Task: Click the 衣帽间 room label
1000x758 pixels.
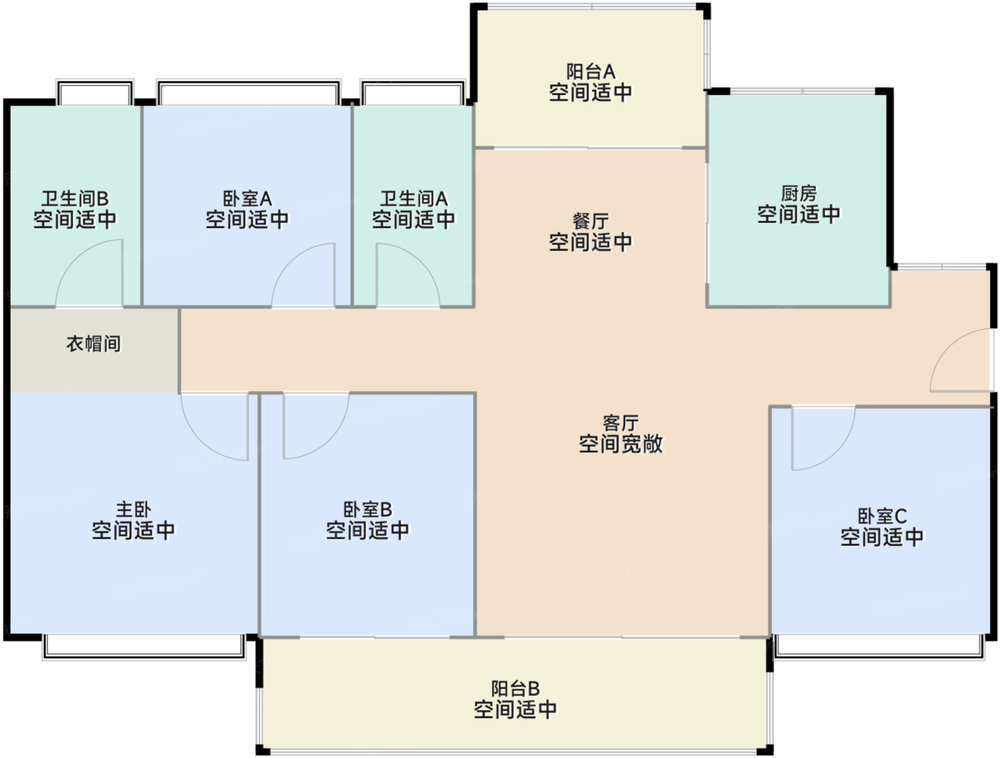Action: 94,344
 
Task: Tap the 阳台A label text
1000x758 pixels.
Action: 591,71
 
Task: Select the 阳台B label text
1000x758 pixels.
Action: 515,689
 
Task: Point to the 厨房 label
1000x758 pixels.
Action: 799,193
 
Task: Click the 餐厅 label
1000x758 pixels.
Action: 591,221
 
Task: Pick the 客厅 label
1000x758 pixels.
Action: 620,423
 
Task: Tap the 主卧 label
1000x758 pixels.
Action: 134,509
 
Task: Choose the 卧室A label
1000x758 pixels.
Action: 247,198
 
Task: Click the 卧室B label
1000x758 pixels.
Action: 368,509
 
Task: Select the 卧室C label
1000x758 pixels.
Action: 882,516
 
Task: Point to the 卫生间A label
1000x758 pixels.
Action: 414,198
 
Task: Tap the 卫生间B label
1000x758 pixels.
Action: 74,198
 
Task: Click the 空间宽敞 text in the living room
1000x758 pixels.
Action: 620,444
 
